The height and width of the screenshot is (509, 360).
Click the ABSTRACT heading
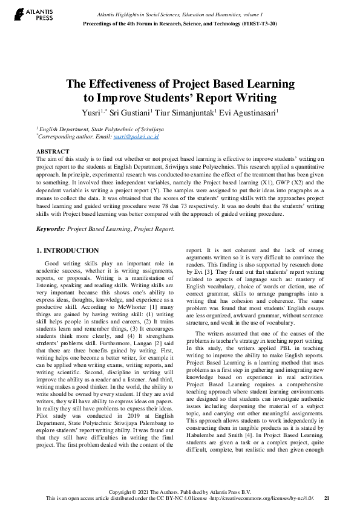point(53,151)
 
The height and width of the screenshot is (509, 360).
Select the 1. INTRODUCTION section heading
point(67,250)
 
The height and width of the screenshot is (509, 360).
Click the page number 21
point(327,498)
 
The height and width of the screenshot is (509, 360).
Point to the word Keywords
point(50,229)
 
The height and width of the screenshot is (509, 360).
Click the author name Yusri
point(92,112)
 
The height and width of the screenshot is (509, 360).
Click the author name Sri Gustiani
point(128,112)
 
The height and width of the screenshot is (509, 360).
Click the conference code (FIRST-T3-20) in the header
point(260,23)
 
